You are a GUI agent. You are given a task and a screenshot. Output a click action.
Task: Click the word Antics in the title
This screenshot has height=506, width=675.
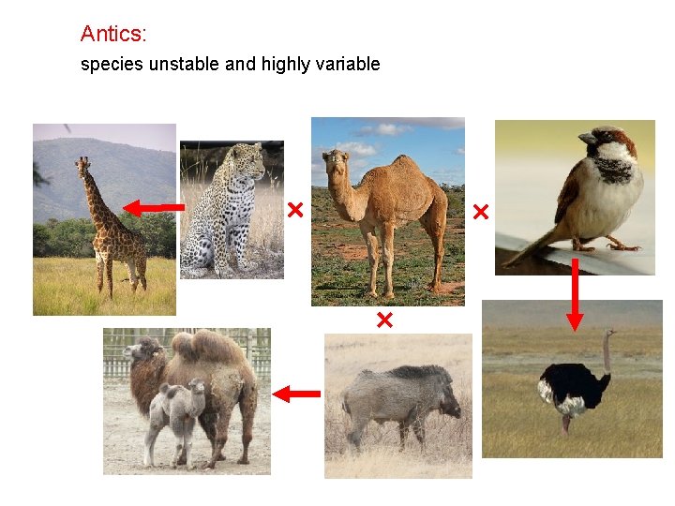coord(112,34)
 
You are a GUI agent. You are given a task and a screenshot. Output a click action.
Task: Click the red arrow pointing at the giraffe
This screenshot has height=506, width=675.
coord(155,207)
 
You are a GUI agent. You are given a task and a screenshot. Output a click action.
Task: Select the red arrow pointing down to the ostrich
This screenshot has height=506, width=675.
coord(575,294)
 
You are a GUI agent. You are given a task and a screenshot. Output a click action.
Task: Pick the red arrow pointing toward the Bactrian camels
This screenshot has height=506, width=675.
coord(295,394)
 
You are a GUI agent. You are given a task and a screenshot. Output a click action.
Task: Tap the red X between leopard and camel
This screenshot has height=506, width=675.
coord(295,210)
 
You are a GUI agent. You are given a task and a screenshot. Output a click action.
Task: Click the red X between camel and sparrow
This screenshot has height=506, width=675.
coord(481,213)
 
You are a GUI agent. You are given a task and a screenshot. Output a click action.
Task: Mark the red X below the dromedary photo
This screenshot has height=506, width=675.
coord(383,321)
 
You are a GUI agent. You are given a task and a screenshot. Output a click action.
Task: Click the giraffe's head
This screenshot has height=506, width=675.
coord(82,165)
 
